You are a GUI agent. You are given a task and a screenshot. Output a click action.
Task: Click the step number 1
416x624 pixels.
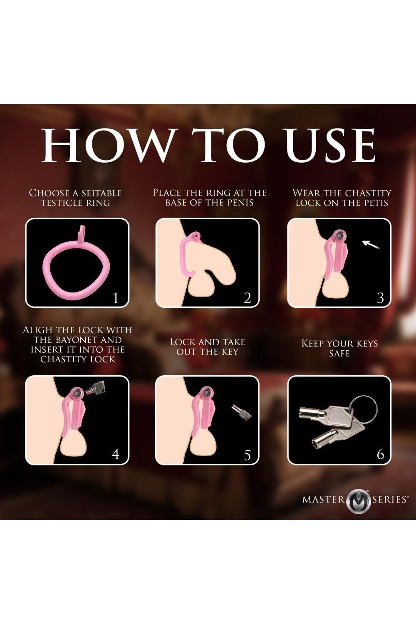(115, 298)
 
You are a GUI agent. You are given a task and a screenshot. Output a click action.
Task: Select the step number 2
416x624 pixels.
(247, 298)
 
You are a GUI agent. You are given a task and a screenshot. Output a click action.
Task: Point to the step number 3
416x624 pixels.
(380, 298)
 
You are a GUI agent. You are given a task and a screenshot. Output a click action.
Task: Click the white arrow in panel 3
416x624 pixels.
(371, 245)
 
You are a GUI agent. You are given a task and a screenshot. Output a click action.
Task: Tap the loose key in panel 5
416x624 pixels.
(241, 412)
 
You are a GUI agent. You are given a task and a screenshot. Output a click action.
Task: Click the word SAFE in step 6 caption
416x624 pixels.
(339, 354)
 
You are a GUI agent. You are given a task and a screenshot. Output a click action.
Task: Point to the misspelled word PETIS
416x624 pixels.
(376, 203)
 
